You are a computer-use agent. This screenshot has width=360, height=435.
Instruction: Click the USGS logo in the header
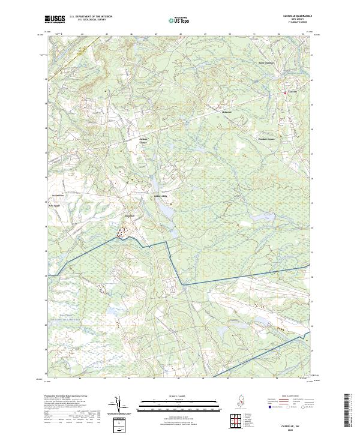[x=56, y=19]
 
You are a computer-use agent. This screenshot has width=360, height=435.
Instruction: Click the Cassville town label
[x=292, y=91]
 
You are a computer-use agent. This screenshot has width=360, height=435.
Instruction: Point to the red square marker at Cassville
[x=285, y=93]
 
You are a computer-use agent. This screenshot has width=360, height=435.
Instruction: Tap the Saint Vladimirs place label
[x=265, y=62]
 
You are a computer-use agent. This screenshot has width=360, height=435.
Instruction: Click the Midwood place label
[x=227, y=112]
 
